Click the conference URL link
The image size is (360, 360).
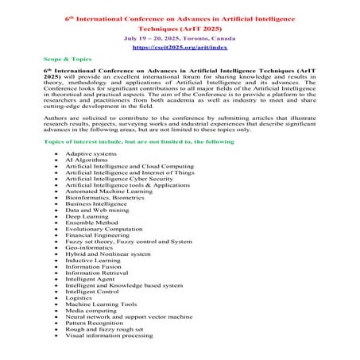click(x=180, y=47)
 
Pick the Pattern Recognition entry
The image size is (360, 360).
click(x=95, y=323)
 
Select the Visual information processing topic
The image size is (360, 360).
click(x=109, y=335)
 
